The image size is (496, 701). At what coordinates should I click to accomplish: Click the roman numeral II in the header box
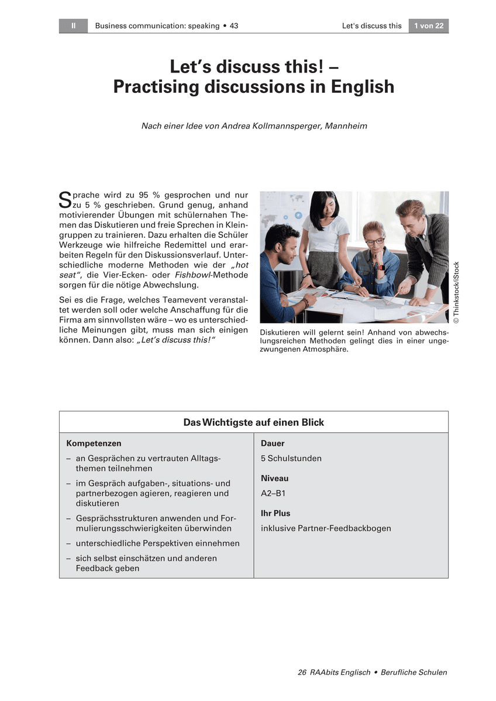coord(73,26)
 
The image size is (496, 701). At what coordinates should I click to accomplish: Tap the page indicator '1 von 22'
coord(428,26)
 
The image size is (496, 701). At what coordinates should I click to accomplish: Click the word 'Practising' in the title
coord(153,87)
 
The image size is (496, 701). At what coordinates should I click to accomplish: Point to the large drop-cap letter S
coord(65,200)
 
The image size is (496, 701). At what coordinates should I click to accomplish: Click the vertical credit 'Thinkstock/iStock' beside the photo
coord(456,292)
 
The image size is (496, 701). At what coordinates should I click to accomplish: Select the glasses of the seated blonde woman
coord(375,240)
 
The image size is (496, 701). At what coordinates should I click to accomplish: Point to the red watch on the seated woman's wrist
coord(381,267)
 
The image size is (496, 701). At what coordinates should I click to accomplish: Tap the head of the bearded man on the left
coord(282,240)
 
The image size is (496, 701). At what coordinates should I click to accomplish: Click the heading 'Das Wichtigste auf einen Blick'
coord(253,422)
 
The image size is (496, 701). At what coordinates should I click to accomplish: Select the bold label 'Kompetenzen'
coord(94,443)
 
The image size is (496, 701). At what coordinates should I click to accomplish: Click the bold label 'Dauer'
coord(273,443)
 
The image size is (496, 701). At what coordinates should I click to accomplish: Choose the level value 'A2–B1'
coord(273,493)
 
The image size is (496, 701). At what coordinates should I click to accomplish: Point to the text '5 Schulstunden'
coord(291,458)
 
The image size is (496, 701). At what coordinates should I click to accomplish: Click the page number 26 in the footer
coord(302,672)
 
